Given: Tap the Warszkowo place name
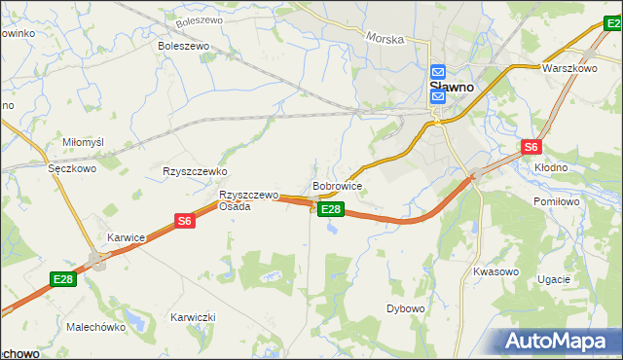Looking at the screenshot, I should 569,69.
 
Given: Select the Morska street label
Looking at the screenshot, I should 385,38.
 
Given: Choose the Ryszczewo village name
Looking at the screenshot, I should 195,171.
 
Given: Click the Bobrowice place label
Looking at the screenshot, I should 338,185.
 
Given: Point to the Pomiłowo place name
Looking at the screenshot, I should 557,200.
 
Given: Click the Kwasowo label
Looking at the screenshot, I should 495,271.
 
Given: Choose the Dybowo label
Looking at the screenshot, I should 406,308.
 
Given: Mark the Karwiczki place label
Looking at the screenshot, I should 192,318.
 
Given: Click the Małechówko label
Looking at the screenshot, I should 96,328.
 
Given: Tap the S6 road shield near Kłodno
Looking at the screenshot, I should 530,147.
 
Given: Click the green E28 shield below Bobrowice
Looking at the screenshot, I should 331,209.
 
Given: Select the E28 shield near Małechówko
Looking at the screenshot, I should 63,279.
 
